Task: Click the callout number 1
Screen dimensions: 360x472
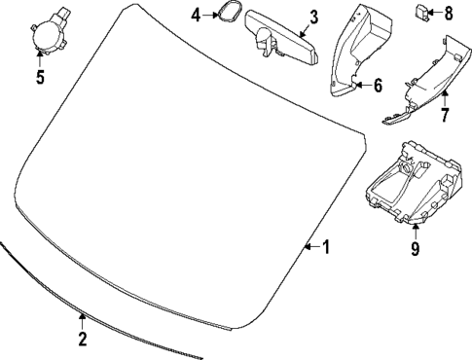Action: pyautogui.click(x=326, y=247)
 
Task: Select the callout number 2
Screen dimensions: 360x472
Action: pyautogui.click(x=83, y=339)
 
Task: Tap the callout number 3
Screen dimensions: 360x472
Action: pyautogui.click(x=313, y=17)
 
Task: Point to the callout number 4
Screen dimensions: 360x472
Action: pyautogui.click(x=196, y=16)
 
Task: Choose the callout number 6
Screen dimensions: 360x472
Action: pyautogui.click(x=378, y=85)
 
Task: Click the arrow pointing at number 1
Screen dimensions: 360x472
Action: pyautogui.click(x=311, y=247)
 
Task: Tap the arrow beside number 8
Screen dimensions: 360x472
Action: pyautogui.click(x=437, y=14)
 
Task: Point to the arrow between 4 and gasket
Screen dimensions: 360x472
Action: pyautogui.click(x=208, y=16)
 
